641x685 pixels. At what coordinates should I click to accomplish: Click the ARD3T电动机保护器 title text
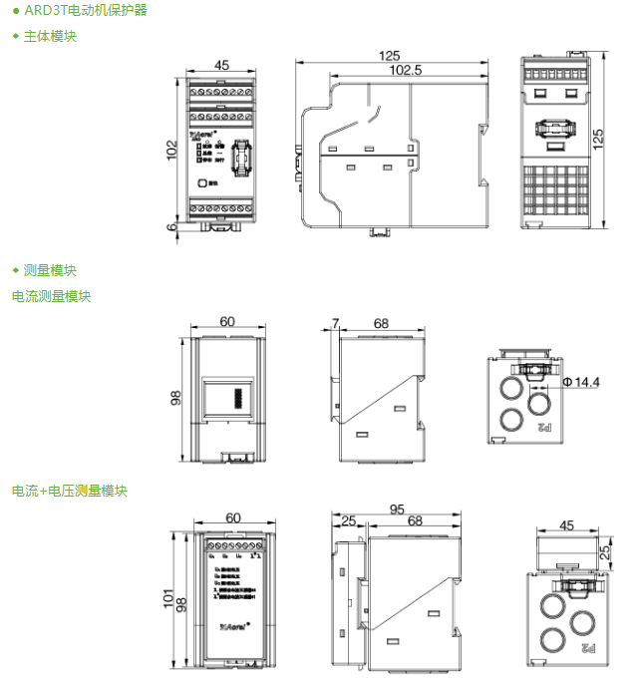(x=85, y=11)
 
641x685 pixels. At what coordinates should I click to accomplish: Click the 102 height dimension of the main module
(x=172, y=150)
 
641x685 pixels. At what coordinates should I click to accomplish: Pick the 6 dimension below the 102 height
(x=172, y=226)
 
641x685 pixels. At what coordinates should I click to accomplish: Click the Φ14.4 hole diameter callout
(x=580, y=382)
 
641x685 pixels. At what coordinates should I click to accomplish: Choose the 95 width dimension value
(x=396, y=509)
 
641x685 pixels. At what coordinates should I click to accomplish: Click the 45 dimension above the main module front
(x=221, y=65)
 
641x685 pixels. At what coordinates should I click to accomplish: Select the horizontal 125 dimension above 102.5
(x=390, y=56)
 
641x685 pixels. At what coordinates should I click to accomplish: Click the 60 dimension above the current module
(x=228, y=322)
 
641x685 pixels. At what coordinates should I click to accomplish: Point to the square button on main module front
(x=202, y=182)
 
